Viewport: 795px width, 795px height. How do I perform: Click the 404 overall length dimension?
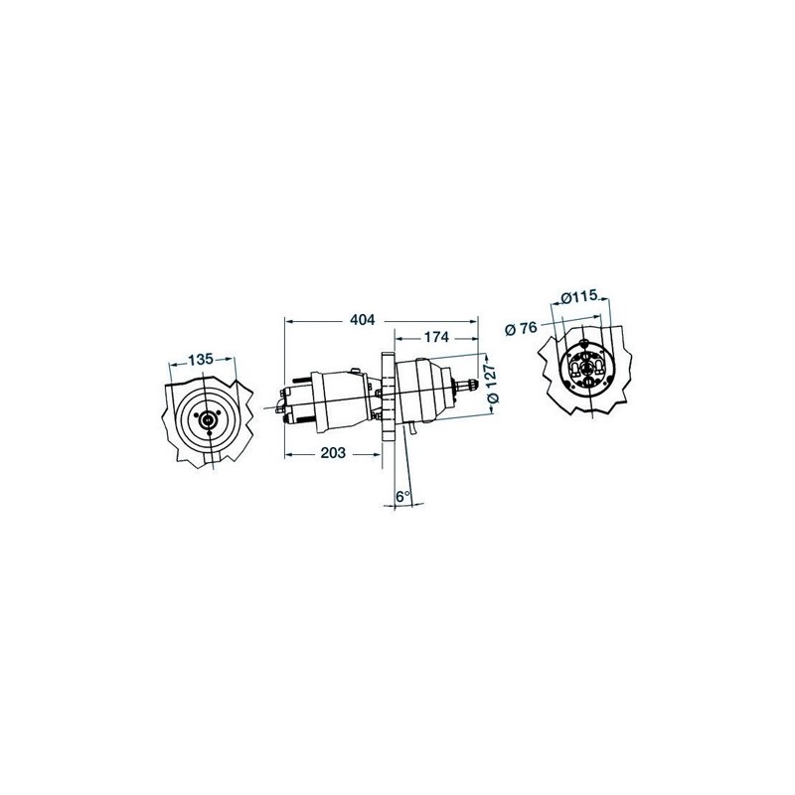[x=363, y=320]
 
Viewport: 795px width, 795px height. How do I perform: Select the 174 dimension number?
[x=436, y=337]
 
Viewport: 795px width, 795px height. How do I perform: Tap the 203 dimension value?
[x=333, y=453]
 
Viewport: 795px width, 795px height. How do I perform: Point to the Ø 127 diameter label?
[x=493, y=383]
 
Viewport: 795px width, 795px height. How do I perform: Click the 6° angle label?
[x=403, y=496]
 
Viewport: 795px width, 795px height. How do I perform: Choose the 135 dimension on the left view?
[x=201, y=360]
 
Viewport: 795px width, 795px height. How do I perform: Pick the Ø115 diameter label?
[x=580, y=296]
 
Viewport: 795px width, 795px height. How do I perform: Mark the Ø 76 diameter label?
[x=521, y=329]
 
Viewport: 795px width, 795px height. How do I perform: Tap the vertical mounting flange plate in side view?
[x=388, y=398]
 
